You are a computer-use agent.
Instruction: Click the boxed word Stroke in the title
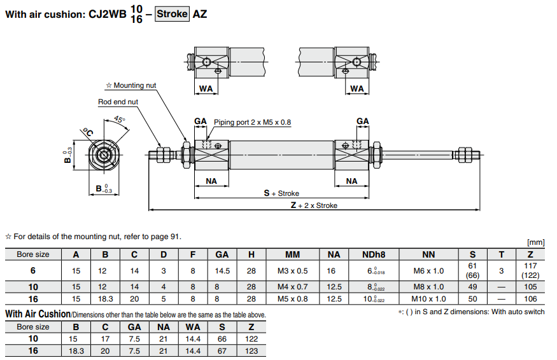pyautogui.click(x=172, y=13)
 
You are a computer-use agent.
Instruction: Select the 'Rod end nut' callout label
pyautogui.click(x=118, y=102)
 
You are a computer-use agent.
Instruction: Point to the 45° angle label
pyautogui.click(x=119, y=120)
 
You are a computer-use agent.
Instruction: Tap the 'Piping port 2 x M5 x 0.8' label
pyautogui.click(x=252, y=122)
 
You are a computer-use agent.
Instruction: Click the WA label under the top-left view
pyautogui.click(x=206, y=88)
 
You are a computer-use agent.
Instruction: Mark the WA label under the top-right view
pyautogui.click(x=357, y=88)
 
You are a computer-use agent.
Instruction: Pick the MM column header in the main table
pyautogui.click(x=292, y=254)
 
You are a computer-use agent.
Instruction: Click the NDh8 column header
pyautogui.click(x=374, y=254)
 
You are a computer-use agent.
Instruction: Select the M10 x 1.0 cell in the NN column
pyautogui.click(x=429, y=298)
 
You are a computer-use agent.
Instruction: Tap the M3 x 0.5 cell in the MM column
pyautogui.click(x=292, y=270)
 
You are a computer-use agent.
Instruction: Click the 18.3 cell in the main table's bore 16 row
pyautogui.click(x=105, y=298)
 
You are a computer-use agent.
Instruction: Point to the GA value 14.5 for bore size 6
pyautogui.click(x=222, y=270)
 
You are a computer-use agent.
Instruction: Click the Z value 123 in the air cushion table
pyautogui.click(x=251, y=350)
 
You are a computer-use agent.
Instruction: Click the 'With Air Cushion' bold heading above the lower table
pyautogui.click(x=37, y=314)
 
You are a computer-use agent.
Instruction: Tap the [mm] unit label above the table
pyautogui.click(x=536, y=242)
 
